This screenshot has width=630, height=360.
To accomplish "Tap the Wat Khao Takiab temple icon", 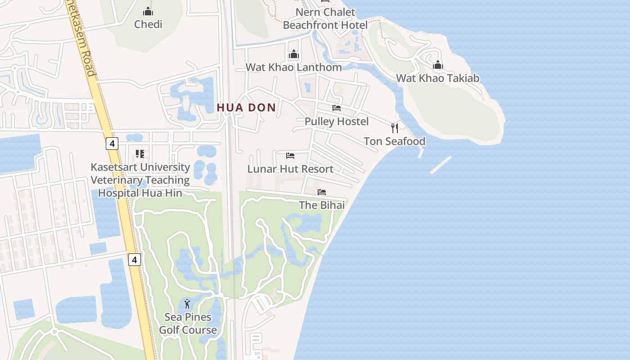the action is tap(438, 65).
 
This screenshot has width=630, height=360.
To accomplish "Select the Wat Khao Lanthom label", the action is tap(293, 67).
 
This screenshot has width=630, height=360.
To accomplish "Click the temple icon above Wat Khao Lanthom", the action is tap(294, 54).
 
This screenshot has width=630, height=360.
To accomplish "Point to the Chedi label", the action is tap(148, 24).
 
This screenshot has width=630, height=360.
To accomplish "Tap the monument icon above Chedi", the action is tap(148, 11).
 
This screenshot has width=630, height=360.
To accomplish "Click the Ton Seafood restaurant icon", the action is tap(395, 128).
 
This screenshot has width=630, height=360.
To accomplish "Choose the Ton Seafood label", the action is tap(394, 141).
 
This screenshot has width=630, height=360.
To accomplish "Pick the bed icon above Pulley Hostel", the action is tap(337, 108).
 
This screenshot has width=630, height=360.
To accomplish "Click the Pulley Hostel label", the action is tap(337, 121).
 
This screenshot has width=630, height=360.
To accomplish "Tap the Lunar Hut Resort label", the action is tap(290, 169).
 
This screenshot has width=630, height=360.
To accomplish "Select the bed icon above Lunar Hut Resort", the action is tap(290, 156).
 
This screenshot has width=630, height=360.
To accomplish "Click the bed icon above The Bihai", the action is tap(322, 192).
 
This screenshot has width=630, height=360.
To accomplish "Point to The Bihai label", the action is tap(322, 205).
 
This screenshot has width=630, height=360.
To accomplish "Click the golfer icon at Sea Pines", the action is tap(188, 304).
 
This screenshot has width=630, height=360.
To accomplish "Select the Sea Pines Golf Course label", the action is tap(188, 324).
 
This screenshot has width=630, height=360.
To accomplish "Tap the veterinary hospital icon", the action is tap(140, 154).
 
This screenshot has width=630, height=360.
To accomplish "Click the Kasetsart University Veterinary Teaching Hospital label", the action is tap(140, 180).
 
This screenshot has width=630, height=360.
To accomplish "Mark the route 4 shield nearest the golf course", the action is tap(134, 260).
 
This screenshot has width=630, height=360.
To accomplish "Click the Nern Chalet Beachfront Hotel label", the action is tap(325, 18).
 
